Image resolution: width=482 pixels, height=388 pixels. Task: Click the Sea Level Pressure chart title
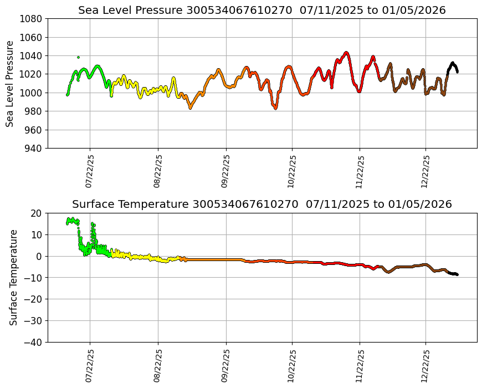coord(261,10)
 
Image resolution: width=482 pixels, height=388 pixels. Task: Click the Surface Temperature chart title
coord(261,204)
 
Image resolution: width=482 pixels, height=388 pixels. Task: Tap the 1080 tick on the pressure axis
coord(32,19)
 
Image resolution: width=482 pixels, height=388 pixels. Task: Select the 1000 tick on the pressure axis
coord(32,93)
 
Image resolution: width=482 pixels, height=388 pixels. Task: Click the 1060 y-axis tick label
coord(32,38)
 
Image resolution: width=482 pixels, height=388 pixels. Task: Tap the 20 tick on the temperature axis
coord(37,213)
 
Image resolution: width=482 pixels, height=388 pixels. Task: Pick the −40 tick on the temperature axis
coord(34,343)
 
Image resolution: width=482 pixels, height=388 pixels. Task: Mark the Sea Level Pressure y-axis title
coord(10,84)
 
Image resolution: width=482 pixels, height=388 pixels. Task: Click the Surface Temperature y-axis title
coord(14,277)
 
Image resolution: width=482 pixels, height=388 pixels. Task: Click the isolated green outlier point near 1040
coord(78,57)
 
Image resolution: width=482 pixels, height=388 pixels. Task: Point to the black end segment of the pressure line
coord(453,65)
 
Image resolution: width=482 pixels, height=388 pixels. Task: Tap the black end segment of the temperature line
coord(453,274)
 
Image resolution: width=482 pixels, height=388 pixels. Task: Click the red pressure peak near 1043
coord(346,53)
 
